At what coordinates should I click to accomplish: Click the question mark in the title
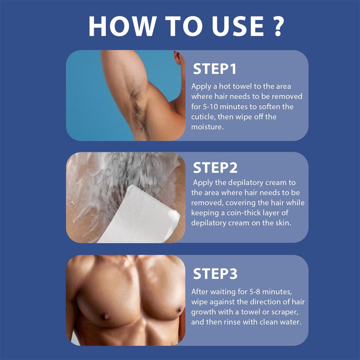click(x=278, y=26)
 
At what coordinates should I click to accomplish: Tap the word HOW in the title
click(x=121, y=26)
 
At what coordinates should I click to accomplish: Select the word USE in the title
click(x=237, y=26)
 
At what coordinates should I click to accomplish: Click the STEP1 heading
click(x=214, y=69)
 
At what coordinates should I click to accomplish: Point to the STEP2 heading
click(x=215, y=168)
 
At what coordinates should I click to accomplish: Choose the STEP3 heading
click(x=215, y=274)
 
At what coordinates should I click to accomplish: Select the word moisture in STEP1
click(x=207, y=127)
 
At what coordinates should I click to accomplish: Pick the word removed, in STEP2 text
click(x=207, y=203)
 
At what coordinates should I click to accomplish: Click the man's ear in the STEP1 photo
click(x=177, y=58)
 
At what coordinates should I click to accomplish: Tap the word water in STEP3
click(x=292, y=322)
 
